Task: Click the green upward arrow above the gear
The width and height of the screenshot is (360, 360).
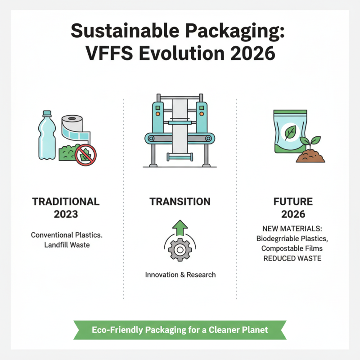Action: click(180, 227)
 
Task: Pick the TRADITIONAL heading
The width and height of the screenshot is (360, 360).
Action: click(66, 202)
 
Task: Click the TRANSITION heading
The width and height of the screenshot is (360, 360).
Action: click(180, 202)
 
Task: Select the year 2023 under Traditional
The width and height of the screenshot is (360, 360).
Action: click(66, 214)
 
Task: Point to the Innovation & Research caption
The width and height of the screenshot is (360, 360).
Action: click(180, 274)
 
